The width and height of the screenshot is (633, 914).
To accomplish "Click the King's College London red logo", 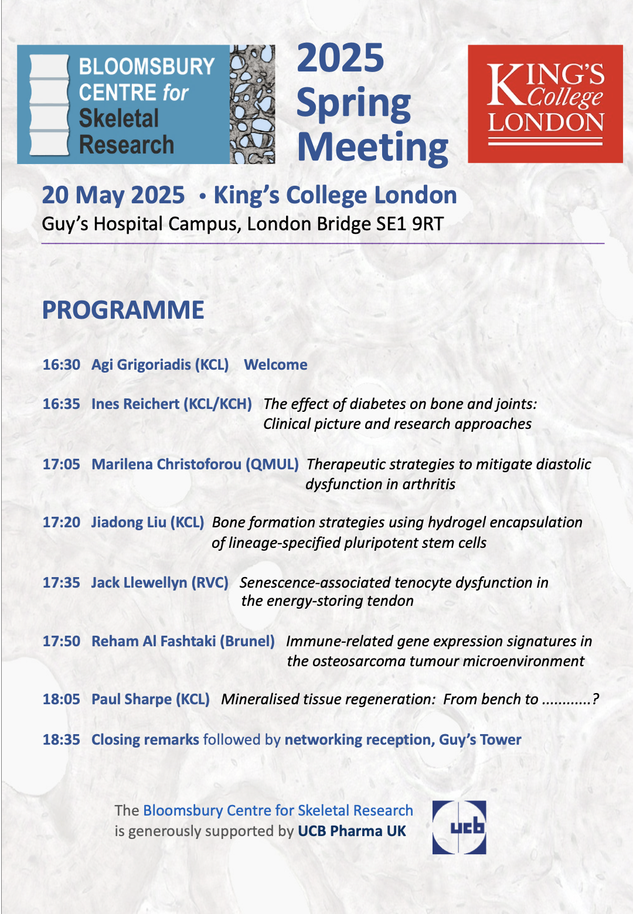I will coord(545,104).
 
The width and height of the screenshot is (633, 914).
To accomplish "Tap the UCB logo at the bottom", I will coord(459,827).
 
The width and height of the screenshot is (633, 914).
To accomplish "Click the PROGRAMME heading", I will coord(123,310).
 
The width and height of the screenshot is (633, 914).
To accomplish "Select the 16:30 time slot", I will coord(62,364).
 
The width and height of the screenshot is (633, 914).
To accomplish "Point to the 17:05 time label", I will coord(62,464).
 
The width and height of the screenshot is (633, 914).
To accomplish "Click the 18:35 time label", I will coord(62,739).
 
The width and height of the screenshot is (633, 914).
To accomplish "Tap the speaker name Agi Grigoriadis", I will coord(141,364).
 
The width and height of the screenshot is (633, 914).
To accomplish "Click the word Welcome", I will coord(275,364).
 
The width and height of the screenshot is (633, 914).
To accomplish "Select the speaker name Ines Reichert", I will coord(135,404).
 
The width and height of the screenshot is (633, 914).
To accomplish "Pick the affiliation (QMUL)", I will coord(272,464).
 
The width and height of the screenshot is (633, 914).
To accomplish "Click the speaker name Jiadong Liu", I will coord(128,522).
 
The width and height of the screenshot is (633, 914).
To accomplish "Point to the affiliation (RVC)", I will coord(210,582).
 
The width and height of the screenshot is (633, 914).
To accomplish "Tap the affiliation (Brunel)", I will coord(247,641).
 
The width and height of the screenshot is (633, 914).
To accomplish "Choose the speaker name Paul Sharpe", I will coord(131,699).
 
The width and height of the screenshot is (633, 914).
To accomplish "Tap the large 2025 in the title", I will coord(341,58).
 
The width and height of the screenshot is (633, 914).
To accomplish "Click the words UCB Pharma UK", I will coord(352,831).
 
